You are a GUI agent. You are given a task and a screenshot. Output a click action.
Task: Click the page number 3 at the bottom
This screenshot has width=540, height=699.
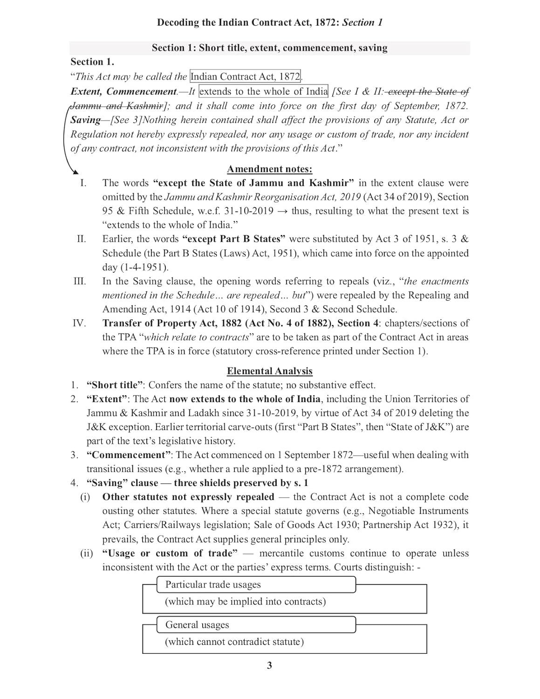(269, 665)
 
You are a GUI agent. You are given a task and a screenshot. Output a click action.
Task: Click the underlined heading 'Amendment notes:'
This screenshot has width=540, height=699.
(269, 169)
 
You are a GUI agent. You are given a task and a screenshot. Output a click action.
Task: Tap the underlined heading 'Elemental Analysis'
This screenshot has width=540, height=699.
(269, 371)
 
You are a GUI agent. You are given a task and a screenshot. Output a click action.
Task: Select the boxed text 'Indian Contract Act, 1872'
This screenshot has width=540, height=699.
(246, 77)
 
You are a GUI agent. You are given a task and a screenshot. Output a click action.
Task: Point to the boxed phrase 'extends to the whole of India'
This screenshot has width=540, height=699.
(263, 91)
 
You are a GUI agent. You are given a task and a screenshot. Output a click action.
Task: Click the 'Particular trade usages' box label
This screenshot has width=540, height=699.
(213, 584)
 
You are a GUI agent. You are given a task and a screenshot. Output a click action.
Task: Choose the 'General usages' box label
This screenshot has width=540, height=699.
(197, 625)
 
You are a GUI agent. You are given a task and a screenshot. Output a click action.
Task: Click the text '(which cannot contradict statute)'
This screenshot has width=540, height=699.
(234, 642)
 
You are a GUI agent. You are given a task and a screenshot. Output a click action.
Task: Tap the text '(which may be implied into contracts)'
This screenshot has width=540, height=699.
(245, 602)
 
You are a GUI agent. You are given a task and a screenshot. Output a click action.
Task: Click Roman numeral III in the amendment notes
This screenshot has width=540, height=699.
(80, 281)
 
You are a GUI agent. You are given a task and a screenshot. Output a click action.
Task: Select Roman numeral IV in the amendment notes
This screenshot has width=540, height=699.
(80, 323)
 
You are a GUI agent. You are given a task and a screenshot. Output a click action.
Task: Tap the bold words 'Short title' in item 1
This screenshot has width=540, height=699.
(115, 385)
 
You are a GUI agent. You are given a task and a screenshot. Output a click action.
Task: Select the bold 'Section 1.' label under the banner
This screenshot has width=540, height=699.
(92, 62)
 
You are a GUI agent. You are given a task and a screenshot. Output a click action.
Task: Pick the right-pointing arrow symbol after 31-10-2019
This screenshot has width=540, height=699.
(282, 211)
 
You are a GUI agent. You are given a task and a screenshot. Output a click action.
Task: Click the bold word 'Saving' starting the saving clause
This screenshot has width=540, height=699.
(85, 120)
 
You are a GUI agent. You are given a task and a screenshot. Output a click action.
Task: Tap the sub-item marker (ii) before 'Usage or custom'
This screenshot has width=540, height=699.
(86, 554)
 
